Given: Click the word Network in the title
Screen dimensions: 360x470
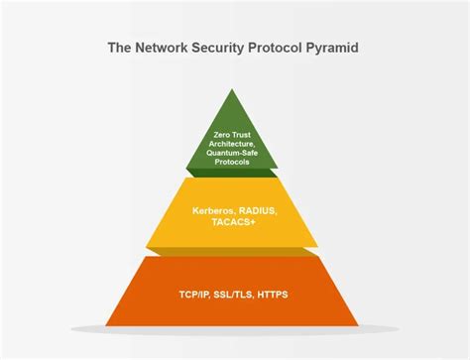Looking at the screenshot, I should (x=164, y=47).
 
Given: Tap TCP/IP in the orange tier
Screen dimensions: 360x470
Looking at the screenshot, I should (x=194, y=294).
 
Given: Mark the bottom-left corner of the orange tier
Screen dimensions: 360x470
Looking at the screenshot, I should (x=107, y=325).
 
